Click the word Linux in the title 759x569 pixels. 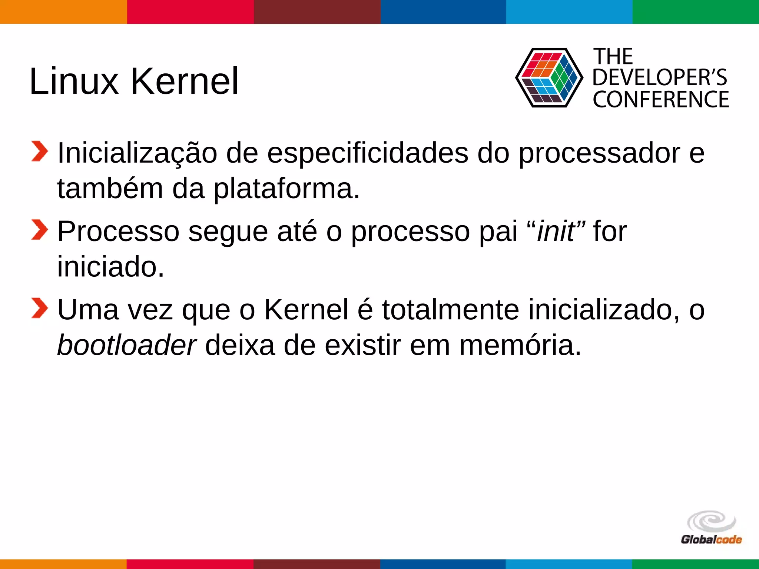point(74,81)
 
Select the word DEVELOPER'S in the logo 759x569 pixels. point(660,78)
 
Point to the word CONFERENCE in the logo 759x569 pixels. point(661,99)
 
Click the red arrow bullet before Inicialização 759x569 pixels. point(39,152)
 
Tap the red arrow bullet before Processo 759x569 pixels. point(39,230)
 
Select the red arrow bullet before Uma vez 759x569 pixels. point(39,308)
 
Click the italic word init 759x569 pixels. point(556,232)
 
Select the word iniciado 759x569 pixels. point(110,267)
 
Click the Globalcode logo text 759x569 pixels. point(711,539)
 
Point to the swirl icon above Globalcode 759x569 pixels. point(711,521)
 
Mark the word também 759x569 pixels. point(110,189)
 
